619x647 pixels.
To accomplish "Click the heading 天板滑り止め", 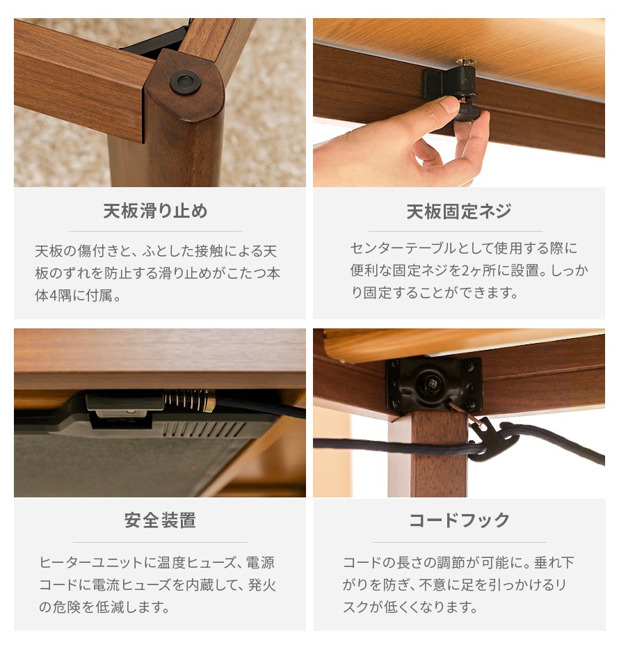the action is (155, 211).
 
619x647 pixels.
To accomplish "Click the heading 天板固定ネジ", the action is (458, 211).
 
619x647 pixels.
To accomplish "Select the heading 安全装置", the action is (160, 520).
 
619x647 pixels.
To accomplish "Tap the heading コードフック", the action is (459, 520).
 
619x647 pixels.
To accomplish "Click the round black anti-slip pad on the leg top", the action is (185, 81).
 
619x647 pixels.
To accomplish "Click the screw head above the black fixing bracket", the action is (465, 63).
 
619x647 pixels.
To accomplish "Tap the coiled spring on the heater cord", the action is (189, 400).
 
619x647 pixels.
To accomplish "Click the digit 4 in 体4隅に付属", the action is (54, 296).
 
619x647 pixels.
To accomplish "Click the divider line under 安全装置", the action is (160, 542).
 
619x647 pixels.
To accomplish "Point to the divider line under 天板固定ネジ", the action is (456, 231).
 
